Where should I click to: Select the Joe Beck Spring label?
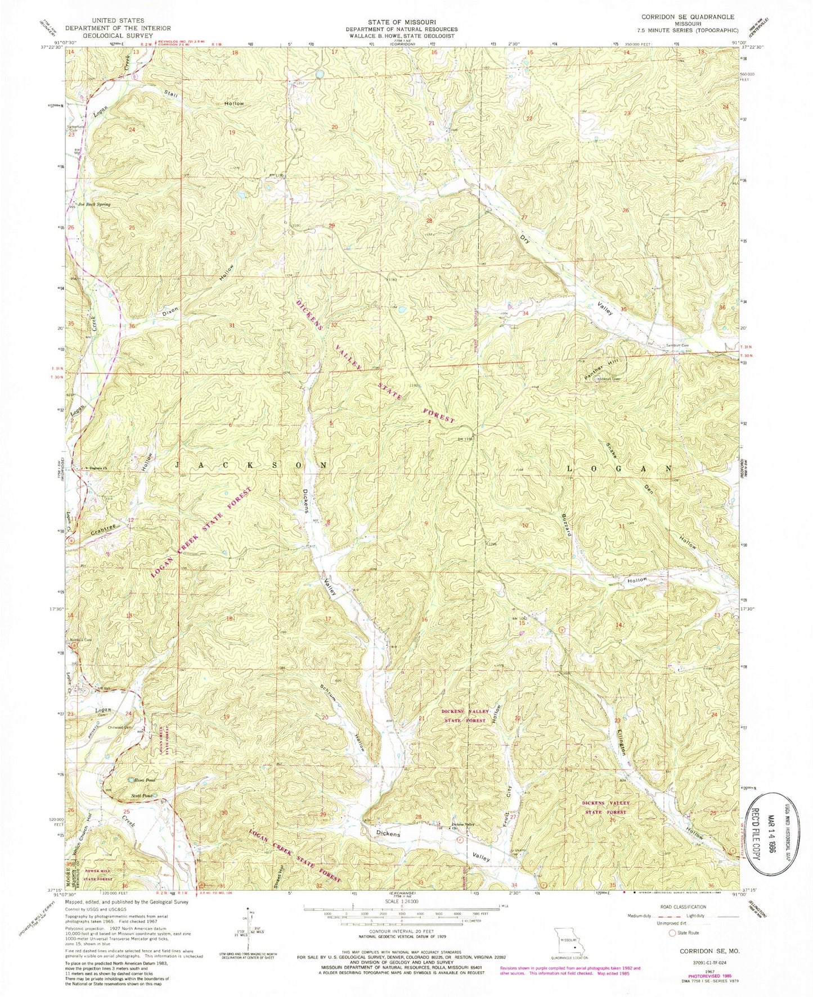(x=94, y=205)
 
